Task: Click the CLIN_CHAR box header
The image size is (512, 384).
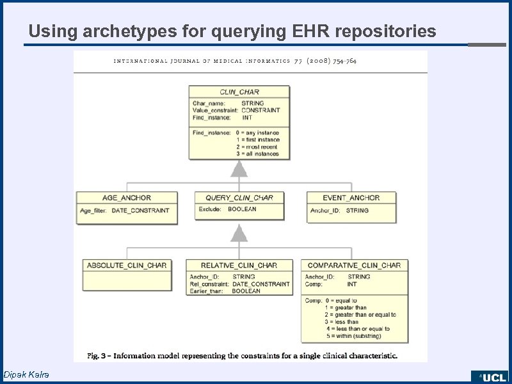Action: [239, 92]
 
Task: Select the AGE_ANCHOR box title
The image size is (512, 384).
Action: [126, 198]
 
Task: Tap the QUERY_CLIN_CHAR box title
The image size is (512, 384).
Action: [239, 198]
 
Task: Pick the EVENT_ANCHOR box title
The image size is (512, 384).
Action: [351, 198]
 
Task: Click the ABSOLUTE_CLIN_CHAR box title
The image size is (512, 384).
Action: [127, 265]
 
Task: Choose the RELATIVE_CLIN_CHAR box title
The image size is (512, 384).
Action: [239, 265]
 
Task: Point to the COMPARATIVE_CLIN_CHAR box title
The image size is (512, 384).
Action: [354, 265]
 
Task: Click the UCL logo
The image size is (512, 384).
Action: [492, 377]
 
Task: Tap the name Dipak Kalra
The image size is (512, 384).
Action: [26, 374]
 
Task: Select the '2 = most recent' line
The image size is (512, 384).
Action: [257, 147]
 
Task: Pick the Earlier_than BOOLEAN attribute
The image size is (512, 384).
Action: [225, 291]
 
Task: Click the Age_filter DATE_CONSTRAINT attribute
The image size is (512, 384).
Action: [124, 210]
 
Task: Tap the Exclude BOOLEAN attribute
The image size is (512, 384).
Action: [227, 209]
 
